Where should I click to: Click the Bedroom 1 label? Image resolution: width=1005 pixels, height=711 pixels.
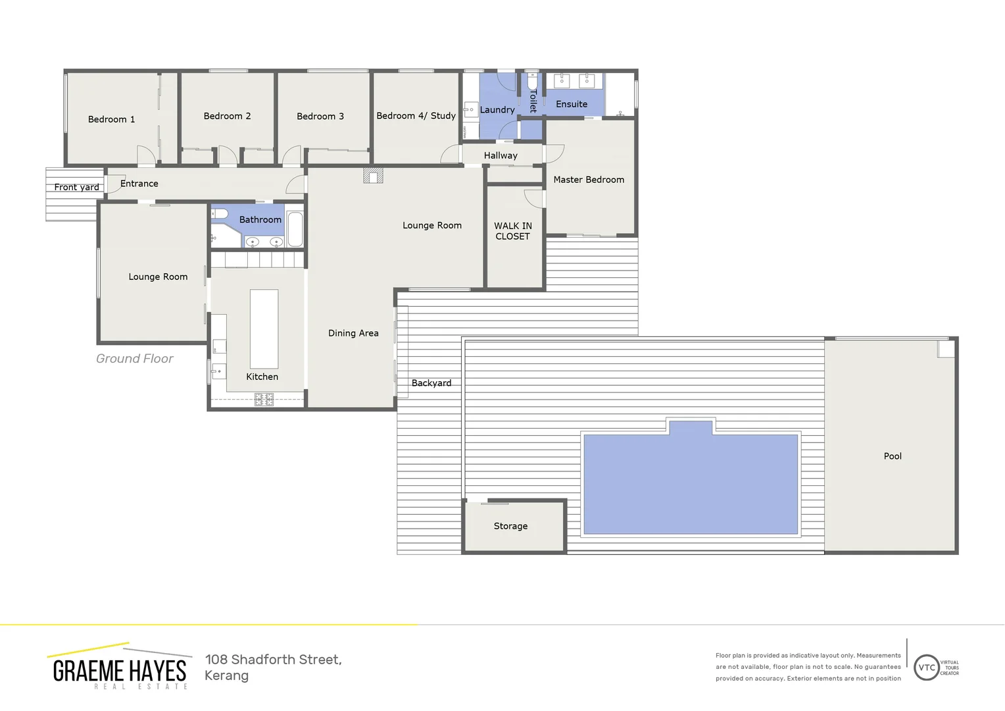[x=111, y=119]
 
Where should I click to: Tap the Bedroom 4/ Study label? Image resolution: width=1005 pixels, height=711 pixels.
[x=416, y=116]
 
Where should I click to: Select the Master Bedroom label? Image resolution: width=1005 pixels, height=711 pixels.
[x=589, y=180]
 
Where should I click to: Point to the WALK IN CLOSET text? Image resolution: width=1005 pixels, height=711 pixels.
[x=513, y=231]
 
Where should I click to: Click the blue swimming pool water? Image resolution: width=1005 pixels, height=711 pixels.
[x=691, y=484]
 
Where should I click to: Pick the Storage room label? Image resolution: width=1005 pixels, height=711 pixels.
[x=510, y=526]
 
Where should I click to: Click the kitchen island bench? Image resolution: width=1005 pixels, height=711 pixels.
[x=264, y=329]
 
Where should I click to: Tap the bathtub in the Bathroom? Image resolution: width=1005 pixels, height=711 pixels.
[x=295, y=228]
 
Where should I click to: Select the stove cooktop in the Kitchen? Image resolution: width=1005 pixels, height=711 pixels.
[x=264, y=399]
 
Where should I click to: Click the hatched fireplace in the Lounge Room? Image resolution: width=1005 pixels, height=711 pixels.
[x=373, y=176]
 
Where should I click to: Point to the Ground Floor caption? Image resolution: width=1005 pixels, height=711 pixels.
[x=135, y=359]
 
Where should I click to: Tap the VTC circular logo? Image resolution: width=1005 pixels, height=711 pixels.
[x=926, y=668]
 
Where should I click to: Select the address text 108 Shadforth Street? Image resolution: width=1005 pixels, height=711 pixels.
[x=273, y=660]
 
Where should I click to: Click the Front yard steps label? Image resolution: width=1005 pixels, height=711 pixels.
[x=76, y=187]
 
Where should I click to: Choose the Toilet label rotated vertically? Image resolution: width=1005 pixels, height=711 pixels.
[x=533, y=101]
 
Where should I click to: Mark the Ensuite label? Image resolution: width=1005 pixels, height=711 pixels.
[x=572, y=104]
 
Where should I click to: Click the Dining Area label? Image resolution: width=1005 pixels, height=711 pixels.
[x=353, y=333]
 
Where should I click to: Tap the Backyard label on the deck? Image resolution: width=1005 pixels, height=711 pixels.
[x=431, y=383]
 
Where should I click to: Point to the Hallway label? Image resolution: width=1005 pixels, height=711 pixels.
[x=501, y=156]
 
